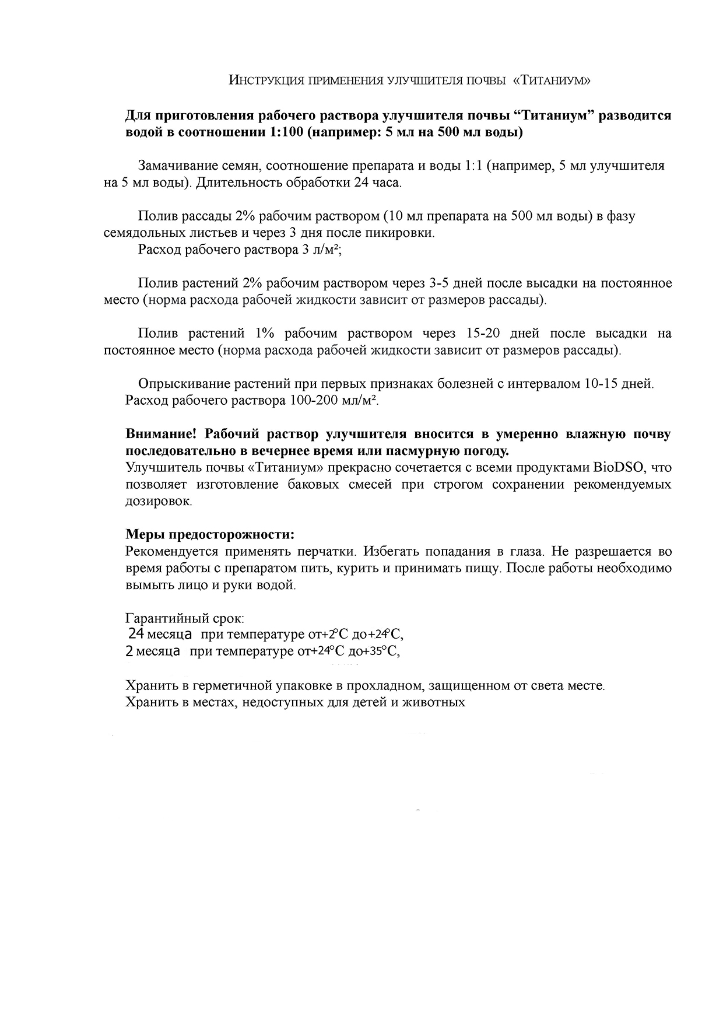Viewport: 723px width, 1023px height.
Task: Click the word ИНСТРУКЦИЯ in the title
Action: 266,80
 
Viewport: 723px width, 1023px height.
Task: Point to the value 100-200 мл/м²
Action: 334,401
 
